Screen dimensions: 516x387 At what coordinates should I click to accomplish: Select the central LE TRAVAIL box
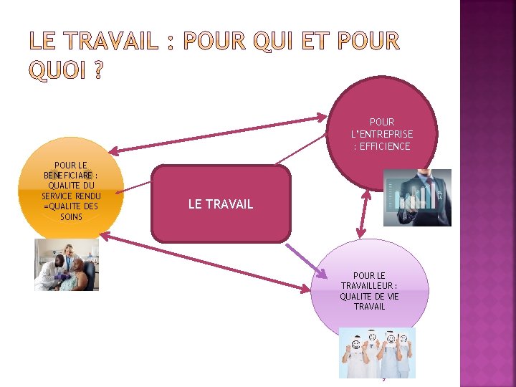coord(221,204)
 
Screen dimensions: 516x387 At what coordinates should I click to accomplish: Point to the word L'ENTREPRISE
coord(382,134)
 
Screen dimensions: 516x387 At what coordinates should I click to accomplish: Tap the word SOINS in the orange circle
coord(71,216)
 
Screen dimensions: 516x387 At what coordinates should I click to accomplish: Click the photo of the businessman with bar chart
coord(417,197)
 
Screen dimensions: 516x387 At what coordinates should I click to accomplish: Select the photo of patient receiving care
coord(66,264)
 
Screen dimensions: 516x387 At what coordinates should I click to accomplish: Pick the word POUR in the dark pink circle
coord(382,122)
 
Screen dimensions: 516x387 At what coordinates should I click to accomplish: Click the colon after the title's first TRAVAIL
coord(170,42)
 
